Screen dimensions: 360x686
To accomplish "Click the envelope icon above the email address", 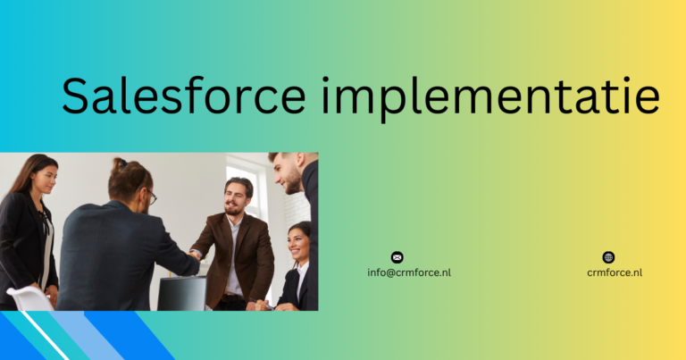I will (x=397, y=257).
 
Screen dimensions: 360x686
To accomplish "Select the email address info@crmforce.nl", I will (x=409, y=272).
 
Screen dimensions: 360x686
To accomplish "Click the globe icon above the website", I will (x=609, y=257).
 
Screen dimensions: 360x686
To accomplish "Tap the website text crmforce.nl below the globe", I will (x=615, y=272).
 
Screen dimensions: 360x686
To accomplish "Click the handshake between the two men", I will (x=195, y=255).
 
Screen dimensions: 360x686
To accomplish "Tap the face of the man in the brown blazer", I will (x=235, y=196).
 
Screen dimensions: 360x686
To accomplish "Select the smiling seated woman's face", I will (x=299, y=243).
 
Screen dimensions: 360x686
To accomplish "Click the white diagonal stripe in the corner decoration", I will (x=45, y=335).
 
